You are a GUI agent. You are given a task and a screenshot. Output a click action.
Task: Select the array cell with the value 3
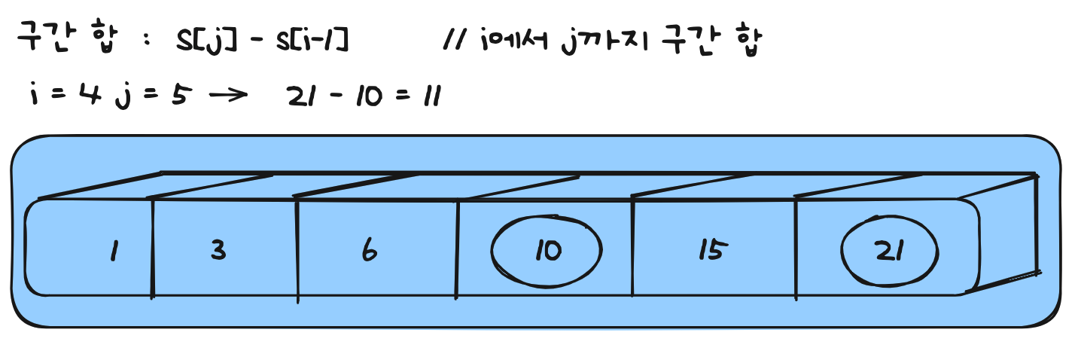click(218, 250)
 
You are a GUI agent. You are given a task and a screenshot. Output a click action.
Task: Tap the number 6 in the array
click(369, 251)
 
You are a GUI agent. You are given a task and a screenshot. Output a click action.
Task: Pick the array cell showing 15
click(710, 251)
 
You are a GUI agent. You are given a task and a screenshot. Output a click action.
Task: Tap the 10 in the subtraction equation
click(367, 96)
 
